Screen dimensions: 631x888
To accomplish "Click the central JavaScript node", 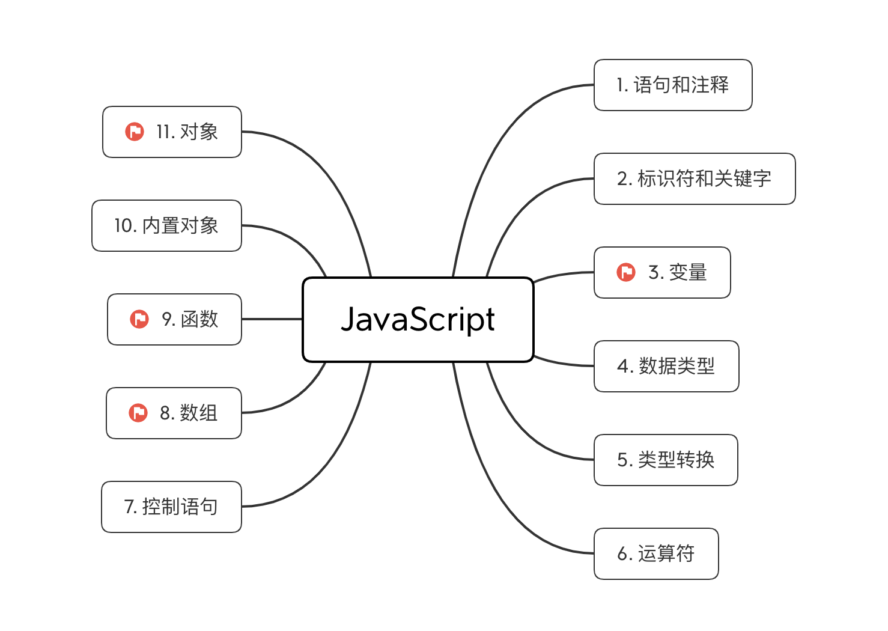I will pyautogui.click(x=418, y=319).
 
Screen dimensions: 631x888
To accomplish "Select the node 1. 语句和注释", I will pyautogui.click(x=672, y=85).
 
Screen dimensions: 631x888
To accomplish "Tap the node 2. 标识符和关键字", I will pyautogui.click(x=694, y=178).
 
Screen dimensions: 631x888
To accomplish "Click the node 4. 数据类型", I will pyautogui.click(x=666, y=366).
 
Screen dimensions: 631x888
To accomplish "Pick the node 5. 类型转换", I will pyautogui.click(x=665, y=460).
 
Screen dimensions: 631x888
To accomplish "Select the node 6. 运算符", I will pyautogui.click(x=655, y=553).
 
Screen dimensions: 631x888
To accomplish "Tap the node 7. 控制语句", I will pyautogui.click(x=171, y=507).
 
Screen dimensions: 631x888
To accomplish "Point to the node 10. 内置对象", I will pyautogui.click(x=166, y=225).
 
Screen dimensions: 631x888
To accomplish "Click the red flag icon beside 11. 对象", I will pyautogui.click(x=135, y=132).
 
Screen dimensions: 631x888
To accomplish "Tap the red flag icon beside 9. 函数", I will pyautogui.click(x=139, y=319).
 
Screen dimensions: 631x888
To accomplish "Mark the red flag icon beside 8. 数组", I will pyautogui.click(x=138, y=413).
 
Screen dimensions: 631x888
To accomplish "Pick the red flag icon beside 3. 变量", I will pyautogui.click(x=626, y=272).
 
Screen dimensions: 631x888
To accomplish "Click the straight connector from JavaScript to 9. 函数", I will pyautogui.click(x=272, y=319).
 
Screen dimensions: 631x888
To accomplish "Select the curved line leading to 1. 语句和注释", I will pyautogui.click(x=493, y=150).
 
